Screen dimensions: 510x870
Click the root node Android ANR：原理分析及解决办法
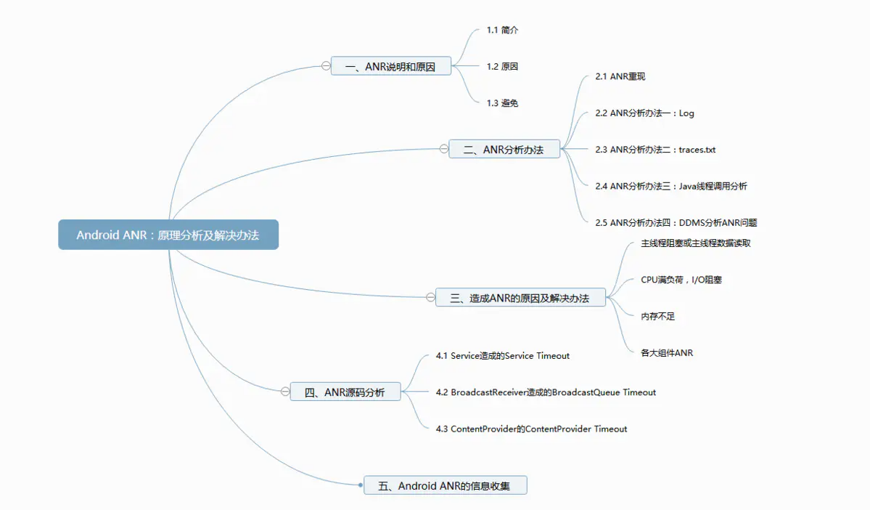pyautogui.click(x=168, y=235)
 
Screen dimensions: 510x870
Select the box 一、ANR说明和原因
pyautogui.click(x=390, y=66)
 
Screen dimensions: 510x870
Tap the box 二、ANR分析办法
pyautogui.click(x=504, y=150)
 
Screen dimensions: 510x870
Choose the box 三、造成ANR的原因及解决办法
pyautogui.click(x=520, y=297)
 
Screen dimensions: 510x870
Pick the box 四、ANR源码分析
pyautogui.click(x=345, y=392)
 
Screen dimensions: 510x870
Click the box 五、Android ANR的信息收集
pyautogui.click(x=445, y=485)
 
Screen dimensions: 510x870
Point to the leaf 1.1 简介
pyautogui.click(x=502, y=31)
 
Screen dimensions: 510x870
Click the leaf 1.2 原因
pyautogui.click(x=502, y=66)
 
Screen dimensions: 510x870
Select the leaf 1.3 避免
pyautogui.click(x=502, y=103)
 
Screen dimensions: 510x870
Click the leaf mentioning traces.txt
pyautogui.click(x=655, y=150)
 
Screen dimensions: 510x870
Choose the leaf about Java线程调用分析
pyautogui.click(x=670, y=186)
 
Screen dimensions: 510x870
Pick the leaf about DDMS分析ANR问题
pyautogui.click(x=676, y=223)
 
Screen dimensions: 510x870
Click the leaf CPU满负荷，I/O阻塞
pyautogui.click(x=681, y=280)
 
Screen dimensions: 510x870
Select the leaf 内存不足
pyautogui.click(x=658, y=316)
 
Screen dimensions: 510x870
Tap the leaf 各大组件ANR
pyautogui.click(x=667, y=353)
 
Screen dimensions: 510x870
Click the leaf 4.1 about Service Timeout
pyautogui.click(x=502, y=356)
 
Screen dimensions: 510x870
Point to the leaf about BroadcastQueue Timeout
pyautogui.click(x=546, y=392)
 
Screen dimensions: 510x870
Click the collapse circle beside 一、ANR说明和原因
pyautogui.click(x=326, y=66)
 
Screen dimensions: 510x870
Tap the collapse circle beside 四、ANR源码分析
pyautogui.click(x=285, y=392)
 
